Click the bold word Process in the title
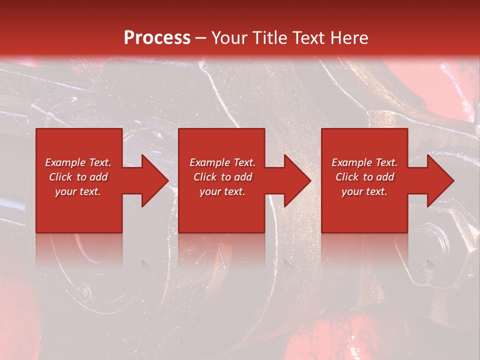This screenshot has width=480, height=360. (x=157, y=37)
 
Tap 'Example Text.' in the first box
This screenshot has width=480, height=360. (x=78, y=162)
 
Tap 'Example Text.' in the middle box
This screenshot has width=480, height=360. (x=222, y=162)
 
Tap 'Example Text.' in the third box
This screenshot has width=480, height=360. (x=364, y=162)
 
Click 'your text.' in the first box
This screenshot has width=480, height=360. (x=78, y=191)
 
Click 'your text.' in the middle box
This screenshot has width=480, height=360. (x=222, y=191)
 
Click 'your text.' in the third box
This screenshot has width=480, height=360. (x=364, y=191)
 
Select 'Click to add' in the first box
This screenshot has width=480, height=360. (x=78, y=177)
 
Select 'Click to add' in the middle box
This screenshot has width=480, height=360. (x=222, y=177)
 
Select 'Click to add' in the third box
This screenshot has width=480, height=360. (x=364, y=177)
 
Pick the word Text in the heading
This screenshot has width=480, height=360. (x=307, y=37)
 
